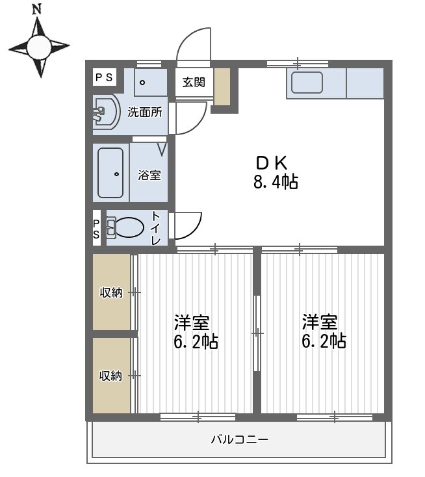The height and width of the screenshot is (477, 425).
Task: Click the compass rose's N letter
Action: pyautogui.click(x=37, y=9)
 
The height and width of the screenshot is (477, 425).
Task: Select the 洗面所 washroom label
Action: pyautogui.click(x=144, y=112)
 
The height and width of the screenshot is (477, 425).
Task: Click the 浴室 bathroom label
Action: pyautogui.click(x=149, y=175)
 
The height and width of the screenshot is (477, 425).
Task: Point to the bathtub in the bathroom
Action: pyautogui.click(x=110, y=173)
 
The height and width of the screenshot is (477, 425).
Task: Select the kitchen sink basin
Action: pyautogui.click(x=307, y=83)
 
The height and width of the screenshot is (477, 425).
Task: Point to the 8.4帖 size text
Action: pyautogui.click(x=276, y=183)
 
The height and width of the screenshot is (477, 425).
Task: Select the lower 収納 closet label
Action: pyautogui.click(x=111, y=376)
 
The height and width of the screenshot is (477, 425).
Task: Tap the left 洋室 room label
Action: pyautogui.click(x=192, y=322)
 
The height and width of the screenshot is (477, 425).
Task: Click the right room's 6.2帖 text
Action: pyautogui.click(x=324, y=341)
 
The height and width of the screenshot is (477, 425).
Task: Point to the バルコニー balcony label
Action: pyautogui.click(x=239, y=439)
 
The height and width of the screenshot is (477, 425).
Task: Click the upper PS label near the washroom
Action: pyautogui.click(x=104, y=77)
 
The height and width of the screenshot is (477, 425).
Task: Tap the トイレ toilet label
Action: pyautogui.click(x=157, y=228)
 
